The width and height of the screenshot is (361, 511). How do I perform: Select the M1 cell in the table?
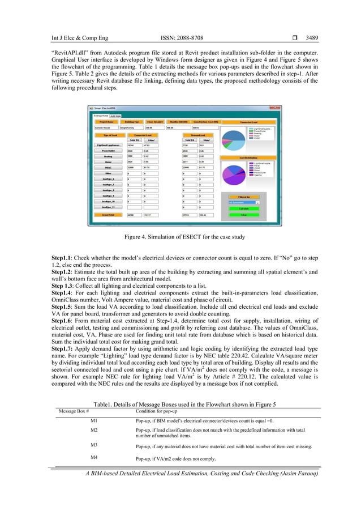94,421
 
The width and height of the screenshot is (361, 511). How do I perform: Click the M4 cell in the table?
94,457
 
